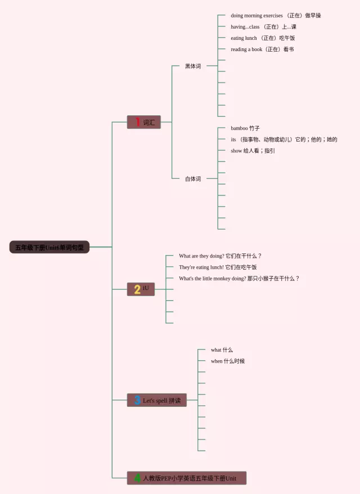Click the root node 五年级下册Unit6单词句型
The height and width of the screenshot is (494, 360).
point(49,247)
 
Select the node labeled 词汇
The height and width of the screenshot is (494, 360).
point(148,123)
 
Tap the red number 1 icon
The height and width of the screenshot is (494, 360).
point(137,122)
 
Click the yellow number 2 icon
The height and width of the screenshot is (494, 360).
point(137,289)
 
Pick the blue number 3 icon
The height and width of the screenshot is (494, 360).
point(137,400)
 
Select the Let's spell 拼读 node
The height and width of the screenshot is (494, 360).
point(162,401)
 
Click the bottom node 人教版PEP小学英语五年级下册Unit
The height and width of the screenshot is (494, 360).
point(190,478)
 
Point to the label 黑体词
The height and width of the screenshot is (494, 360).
point(193,66)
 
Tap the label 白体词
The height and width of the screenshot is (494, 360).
point(193,179)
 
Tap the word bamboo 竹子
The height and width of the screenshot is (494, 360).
point(245,128)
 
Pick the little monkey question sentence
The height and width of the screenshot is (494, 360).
point(239,278)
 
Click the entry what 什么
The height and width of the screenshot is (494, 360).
point(222,350)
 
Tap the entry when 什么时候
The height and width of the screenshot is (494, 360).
point(228,361)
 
